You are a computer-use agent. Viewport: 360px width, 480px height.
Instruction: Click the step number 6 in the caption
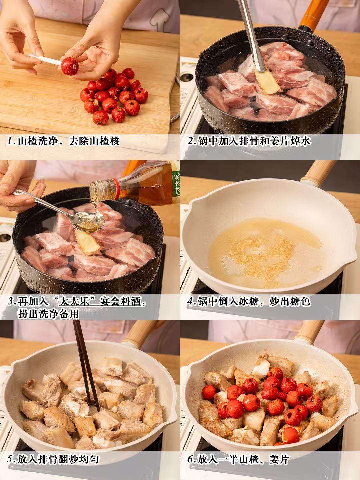click(190, 460)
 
